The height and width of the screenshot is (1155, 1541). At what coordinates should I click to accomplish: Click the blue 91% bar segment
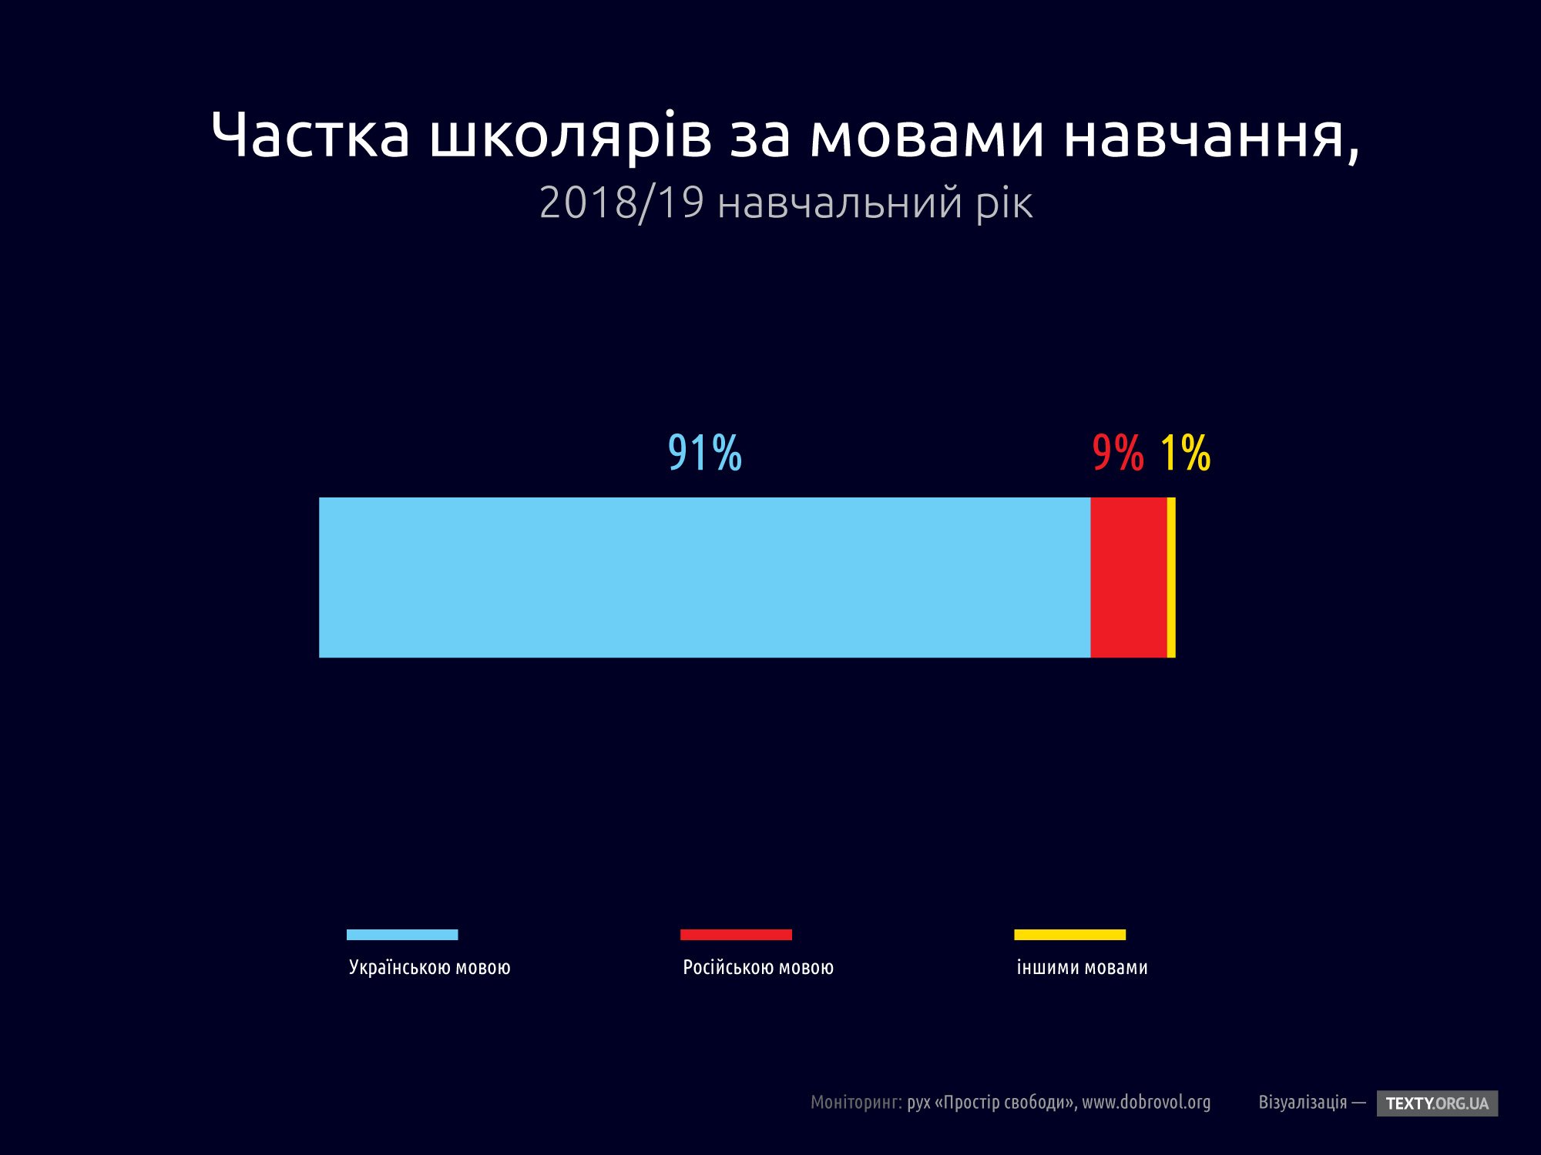(704, 577)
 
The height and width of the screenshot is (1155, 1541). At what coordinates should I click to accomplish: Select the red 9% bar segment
(1129, 577)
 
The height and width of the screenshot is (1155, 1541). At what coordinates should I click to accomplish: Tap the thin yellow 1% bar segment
(1171, 577)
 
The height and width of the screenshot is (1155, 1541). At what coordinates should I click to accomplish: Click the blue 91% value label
(704, 453)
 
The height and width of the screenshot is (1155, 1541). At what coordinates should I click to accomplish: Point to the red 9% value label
(1118, 453)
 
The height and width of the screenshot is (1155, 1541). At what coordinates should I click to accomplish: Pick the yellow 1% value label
(1185, 453)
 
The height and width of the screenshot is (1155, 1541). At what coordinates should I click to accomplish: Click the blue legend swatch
(402, 935)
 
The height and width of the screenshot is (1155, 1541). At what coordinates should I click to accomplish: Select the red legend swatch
(736, 935)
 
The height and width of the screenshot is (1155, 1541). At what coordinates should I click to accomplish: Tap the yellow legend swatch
(1069, 935)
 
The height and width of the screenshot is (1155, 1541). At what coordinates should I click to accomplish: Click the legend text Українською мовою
(429, 968)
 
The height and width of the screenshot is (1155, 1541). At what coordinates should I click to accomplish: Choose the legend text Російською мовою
(758, 968)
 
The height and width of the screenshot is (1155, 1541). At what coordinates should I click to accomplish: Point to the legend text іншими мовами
(1082, 968)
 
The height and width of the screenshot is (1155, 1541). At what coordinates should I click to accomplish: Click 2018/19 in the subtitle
(621, 203)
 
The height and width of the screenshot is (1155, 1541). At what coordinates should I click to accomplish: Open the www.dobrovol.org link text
(1146, 1103)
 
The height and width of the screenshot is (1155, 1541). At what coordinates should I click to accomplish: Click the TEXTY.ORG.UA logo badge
(1437, 1103)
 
